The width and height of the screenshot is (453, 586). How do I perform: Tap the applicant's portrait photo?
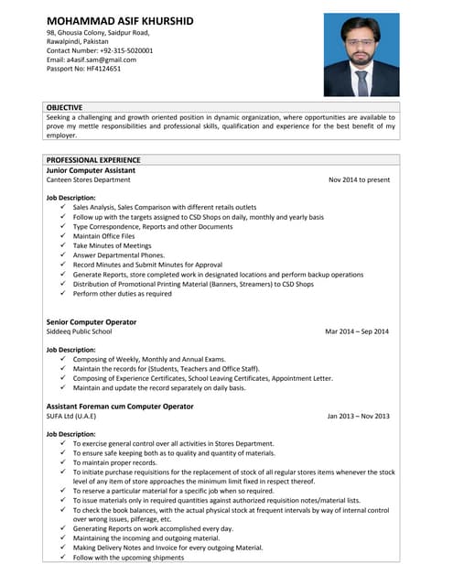click(361, 55)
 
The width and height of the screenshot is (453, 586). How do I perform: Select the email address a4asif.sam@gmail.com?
click(91, 60)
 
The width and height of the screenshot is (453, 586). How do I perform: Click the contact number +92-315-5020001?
click(100, 50)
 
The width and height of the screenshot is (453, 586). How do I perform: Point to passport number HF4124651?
click(83, 69)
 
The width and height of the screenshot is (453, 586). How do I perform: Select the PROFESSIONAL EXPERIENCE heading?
click(93, 160)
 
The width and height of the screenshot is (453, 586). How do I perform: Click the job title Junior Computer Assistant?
click(91, 170)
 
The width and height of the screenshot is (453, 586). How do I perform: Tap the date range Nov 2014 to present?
click(359, 180)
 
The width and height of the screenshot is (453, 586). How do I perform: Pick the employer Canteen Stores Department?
click(88, 180)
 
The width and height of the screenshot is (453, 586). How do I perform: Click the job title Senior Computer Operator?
click(92, 322)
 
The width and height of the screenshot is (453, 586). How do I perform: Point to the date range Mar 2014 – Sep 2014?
click(357, 331)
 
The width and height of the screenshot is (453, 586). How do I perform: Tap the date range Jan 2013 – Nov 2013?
click(358, 416)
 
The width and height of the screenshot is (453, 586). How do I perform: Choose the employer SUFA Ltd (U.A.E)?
click(71, 416)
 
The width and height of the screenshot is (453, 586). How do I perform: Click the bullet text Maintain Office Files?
click(103, 236)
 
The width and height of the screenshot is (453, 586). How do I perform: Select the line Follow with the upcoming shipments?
click(128, 558)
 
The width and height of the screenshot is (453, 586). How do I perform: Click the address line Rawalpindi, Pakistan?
click(79, 41)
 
